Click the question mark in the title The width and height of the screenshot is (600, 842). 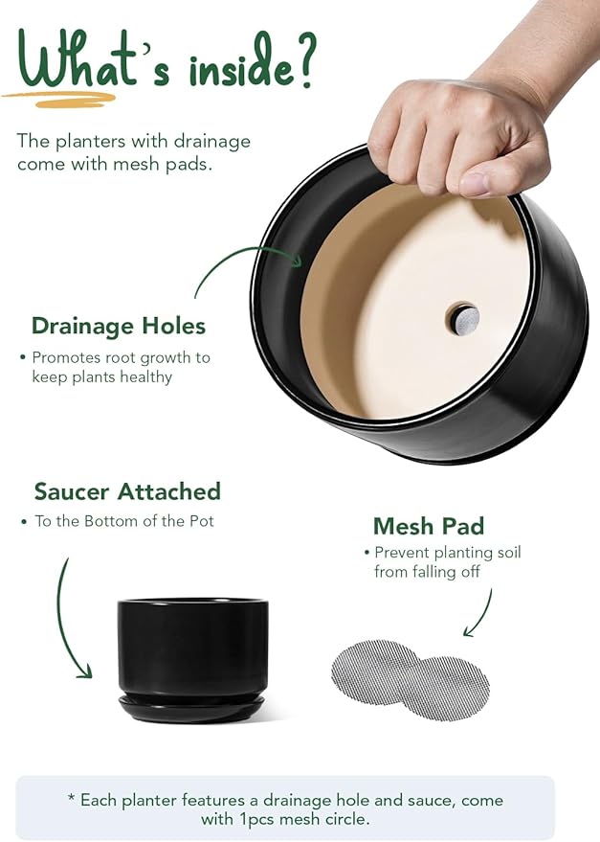click(x=304, y=59)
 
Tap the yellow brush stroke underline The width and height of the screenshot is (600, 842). click(x=59, y=99)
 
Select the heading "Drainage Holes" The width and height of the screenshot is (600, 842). click(x=119, y=326)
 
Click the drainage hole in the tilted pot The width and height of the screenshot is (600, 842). click(x=462, y=319)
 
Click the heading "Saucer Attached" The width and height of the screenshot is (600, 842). click(x=127, y=490)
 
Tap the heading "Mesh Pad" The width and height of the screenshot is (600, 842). click(x=429, y=526)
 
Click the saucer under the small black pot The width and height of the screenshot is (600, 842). click(x=191, y=708)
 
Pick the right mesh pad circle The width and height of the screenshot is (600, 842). click(x=448, y=689)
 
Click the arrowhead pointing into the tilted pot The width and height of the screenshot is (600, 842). click(x=296, y=261)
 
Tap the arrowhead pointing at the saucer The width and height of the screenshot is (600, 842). click(x=85, y=671)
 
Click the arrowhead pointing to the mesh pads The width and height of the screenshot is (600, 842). click(x=469, y=630)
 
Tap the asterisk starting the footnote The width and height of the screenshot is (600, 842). click(x=71, y=798)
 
